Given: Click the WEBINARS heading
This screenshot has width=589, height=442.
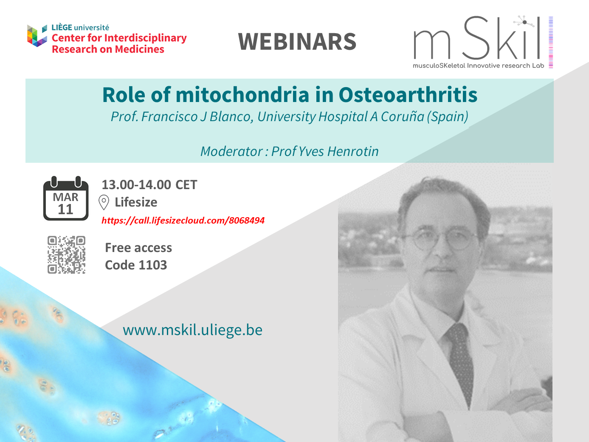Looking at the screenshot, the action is point(297,42).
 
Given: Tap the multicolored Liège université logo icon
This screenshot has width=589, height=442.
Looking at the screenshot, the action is point(37,35).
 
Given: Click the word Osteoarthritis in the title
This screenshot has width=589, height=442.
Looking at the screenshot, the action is point(408,95).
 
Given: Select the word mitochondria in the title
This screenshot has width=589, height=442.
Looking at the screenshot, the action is point(242,95).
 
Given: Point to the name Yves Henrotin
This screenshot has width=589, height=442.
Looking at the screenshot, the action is point(338,151).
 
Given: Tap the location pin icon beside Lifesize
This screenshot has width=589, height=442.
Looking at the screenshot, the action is point(104,202).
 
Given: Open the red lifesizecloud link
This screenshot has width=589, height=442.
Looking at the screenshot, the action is point(183,221).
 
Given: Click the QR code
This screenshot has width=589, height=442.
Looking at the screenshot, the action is point(66,255).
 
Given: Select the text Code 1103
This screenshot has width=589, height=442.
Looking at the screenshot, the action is point(136,265).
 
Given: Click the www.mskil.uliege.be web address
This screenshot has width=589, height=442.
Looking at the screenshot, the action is point(193,330).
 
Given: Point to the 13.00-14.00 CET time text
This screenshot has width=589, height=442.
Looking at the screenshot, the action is point(149,185).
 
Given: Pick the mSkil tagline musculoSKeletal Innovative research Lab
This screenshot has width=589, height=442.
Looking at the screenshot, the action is point(479,65).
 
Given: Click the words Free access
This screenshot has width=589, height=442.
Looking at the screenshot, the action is point(138,248).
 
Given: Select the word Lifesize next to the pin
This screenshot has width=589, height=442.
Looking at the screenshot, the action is point(136,202).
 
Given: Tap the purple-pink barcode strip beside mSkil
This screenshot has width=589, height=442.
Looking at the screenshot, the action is point(551,42).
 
